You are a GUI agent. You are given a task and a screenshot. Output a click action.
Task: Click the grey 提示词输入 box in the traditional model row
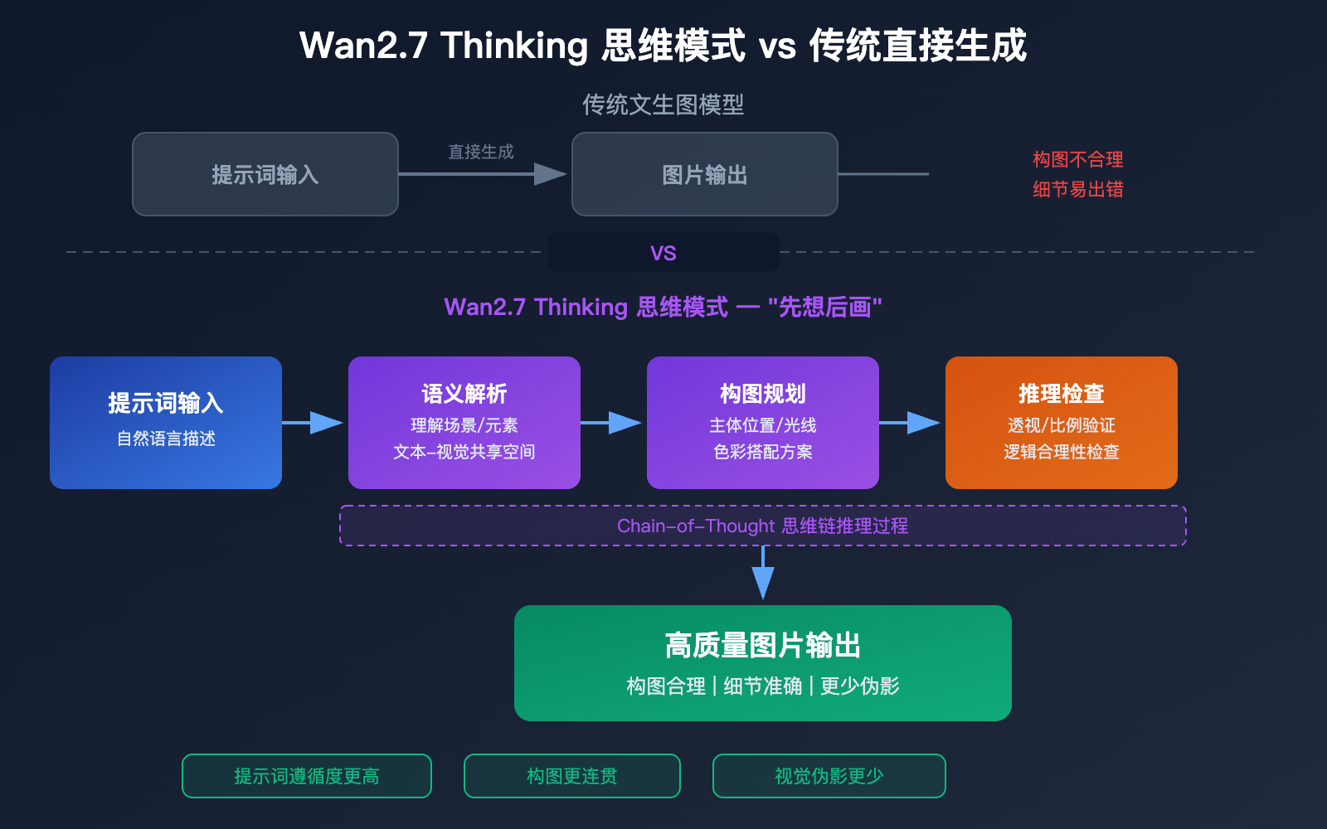(x=265, y=174)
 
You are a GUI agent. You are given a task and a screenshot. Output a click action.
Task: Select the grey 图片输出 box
(x=705, y=174)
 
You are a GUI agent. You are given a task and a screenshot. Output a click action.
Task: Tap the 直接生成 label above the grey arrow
(x=481, y=152)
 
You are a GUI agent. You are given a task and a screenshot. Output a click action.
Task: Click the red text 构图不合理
(x=1077, y=159)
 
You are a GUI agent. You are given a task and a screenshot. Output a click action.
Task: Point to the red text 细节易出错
(x=1077, y=189)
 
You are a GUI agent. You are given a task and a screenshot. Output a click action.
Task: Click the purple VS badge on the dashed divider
(x=663, y=253)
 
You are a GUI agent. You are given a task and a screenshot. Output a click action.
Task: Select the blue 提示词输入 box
(x=166, y=423)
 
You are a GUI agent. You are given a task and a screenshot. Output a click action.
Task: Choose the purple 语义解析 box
(x=464, y=423)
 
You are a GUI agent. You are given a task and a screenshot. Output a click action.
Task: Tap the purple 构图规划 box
(x=763, y=423)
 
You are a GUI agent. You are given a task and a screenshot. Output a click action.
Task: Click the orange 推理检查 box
(x=1062, y=423)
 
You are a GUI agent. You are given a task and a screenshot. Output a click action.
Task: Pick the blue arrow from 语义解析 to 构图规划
(x=612, y=423)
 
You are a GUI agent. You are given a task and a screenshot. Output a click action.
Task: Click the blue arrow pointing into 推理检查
(x=911, y=423)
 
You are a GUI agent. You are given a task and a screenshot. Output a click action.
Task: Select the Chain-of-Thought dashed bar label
(x=763, y=526)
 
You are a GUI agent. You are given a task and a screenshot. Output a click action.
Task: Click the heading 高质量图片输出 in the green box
(x=763, y=645)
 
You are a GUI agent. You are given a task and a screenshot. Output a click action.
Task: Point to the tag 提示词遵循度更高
(x=307, y=776)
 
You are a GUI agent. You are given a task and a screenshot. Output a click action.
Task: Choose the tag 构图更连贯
(x=572, y=776)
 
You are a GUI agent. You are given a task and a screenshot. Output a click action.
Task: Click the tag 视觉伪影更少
(x=829, y=776)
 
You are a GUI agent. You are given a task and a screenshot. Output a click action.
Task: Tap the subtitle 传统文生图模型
(x=663, y=104)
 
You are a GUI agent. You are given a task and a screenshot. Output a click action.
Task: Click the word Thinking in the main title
(x=514, y=46)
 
